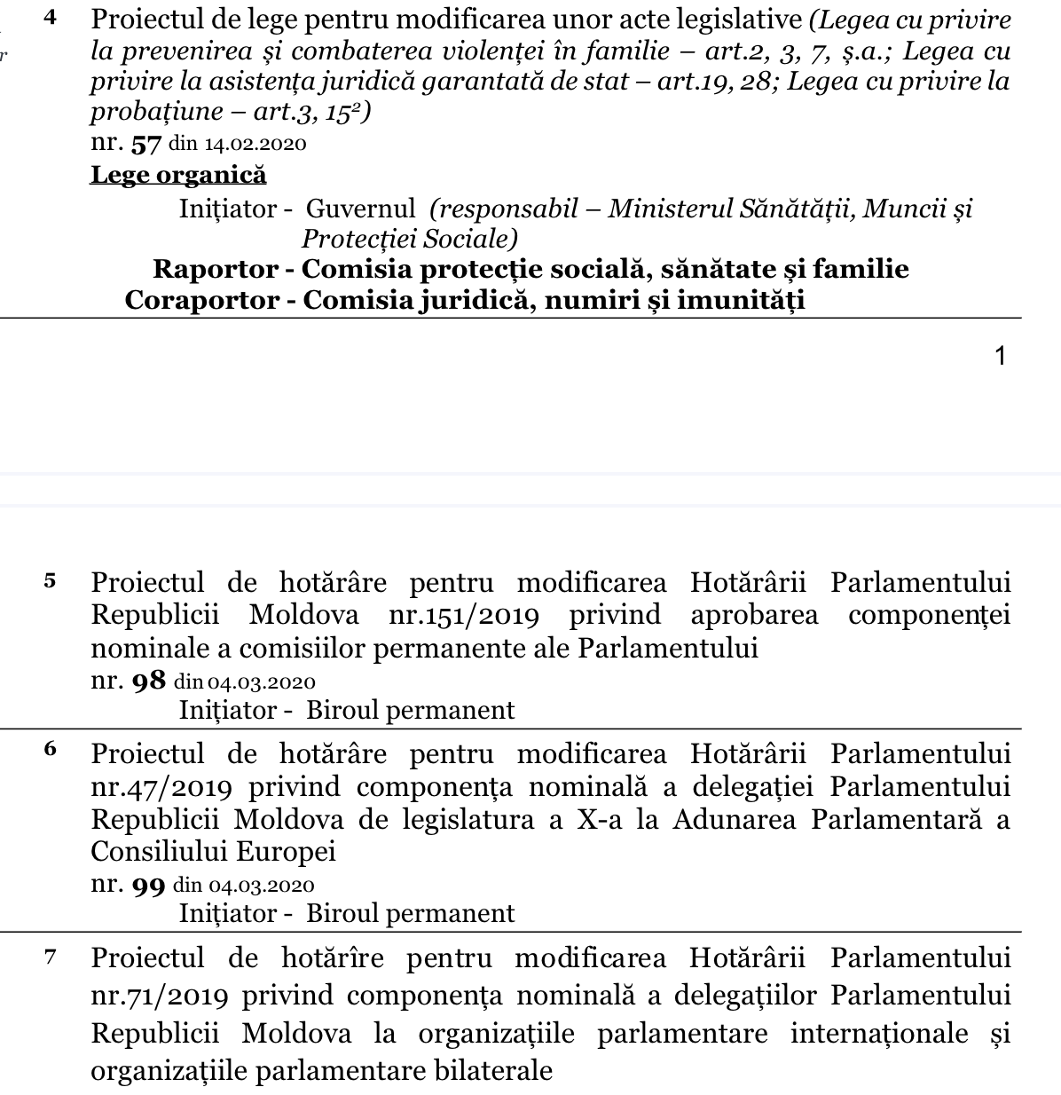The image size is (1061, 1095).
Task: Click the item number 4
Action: [51, 19]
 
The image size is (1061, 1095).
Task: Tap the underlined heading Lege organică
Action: [178, 175]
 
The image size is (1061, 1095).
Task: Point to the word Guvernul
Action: [360, 209]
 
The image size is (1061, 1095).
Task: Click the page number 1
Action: [1001, 357]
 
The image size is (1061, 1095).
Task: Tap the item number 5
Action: [51, 581]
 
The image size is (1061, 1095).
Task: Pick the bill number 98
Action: [147, 681]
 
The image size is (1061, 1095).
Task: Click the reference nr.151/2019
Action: [464, 615]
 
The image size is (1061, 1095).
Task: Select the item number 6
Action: [51, 750]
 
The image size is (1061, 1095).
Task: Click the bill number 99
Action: [147, 886]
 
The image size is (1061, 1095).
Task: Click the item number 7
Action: [51, 957]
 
